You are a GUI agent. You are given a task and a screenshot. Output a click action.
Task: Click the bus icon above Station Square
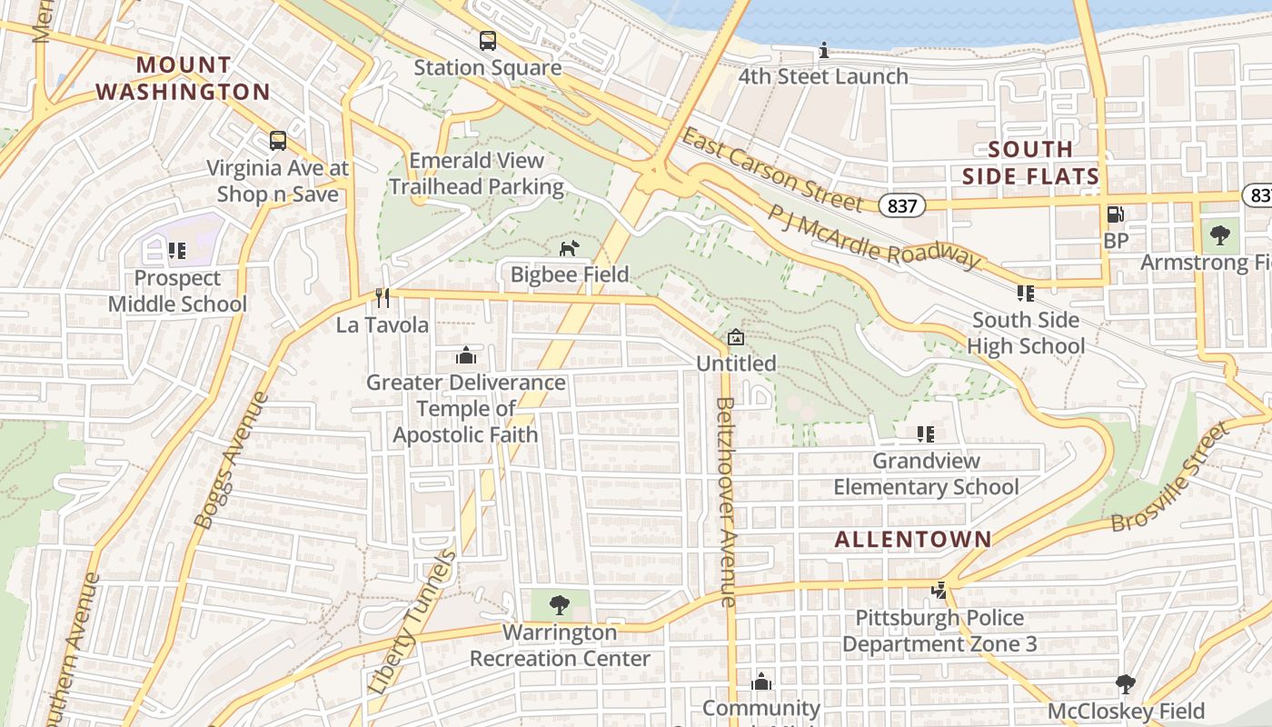488,41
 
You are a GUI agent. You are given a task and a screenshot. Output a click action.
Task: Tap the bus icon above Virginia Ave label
278,141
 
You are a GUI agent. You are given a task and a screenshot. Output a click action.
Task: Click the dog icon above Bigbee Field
569,248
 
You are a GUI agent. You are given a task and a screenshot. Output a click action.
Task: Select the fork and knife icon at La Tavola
383,298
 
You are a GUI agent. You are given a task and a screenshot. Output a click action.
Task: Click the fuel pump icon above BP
1115,214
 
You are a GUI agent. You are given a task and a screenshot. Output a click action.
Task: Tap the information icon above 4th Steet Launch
823,50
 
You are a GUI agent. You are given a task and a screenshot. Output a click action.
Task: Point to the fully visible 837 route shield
901,206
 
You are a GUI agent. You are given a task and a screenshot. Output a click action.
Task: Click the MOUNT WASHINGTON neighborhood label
183,78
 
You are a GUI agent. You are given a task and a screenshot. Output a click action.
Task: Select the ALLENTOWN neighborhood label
913,539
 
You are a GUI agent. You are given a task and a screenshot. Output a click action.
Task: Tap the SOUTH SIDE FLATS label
1030,163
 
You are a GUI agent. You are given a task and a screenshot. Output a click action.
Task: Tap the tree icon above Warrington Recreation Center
560,604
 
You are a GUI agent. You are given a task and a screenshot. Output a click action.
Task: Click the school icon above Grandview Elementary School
925,434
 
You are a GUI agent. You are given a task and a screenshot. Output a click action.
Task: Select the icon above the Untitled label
736,338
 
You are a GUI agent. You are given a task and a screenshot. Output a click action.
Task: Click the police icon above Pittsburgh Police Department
939,592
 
